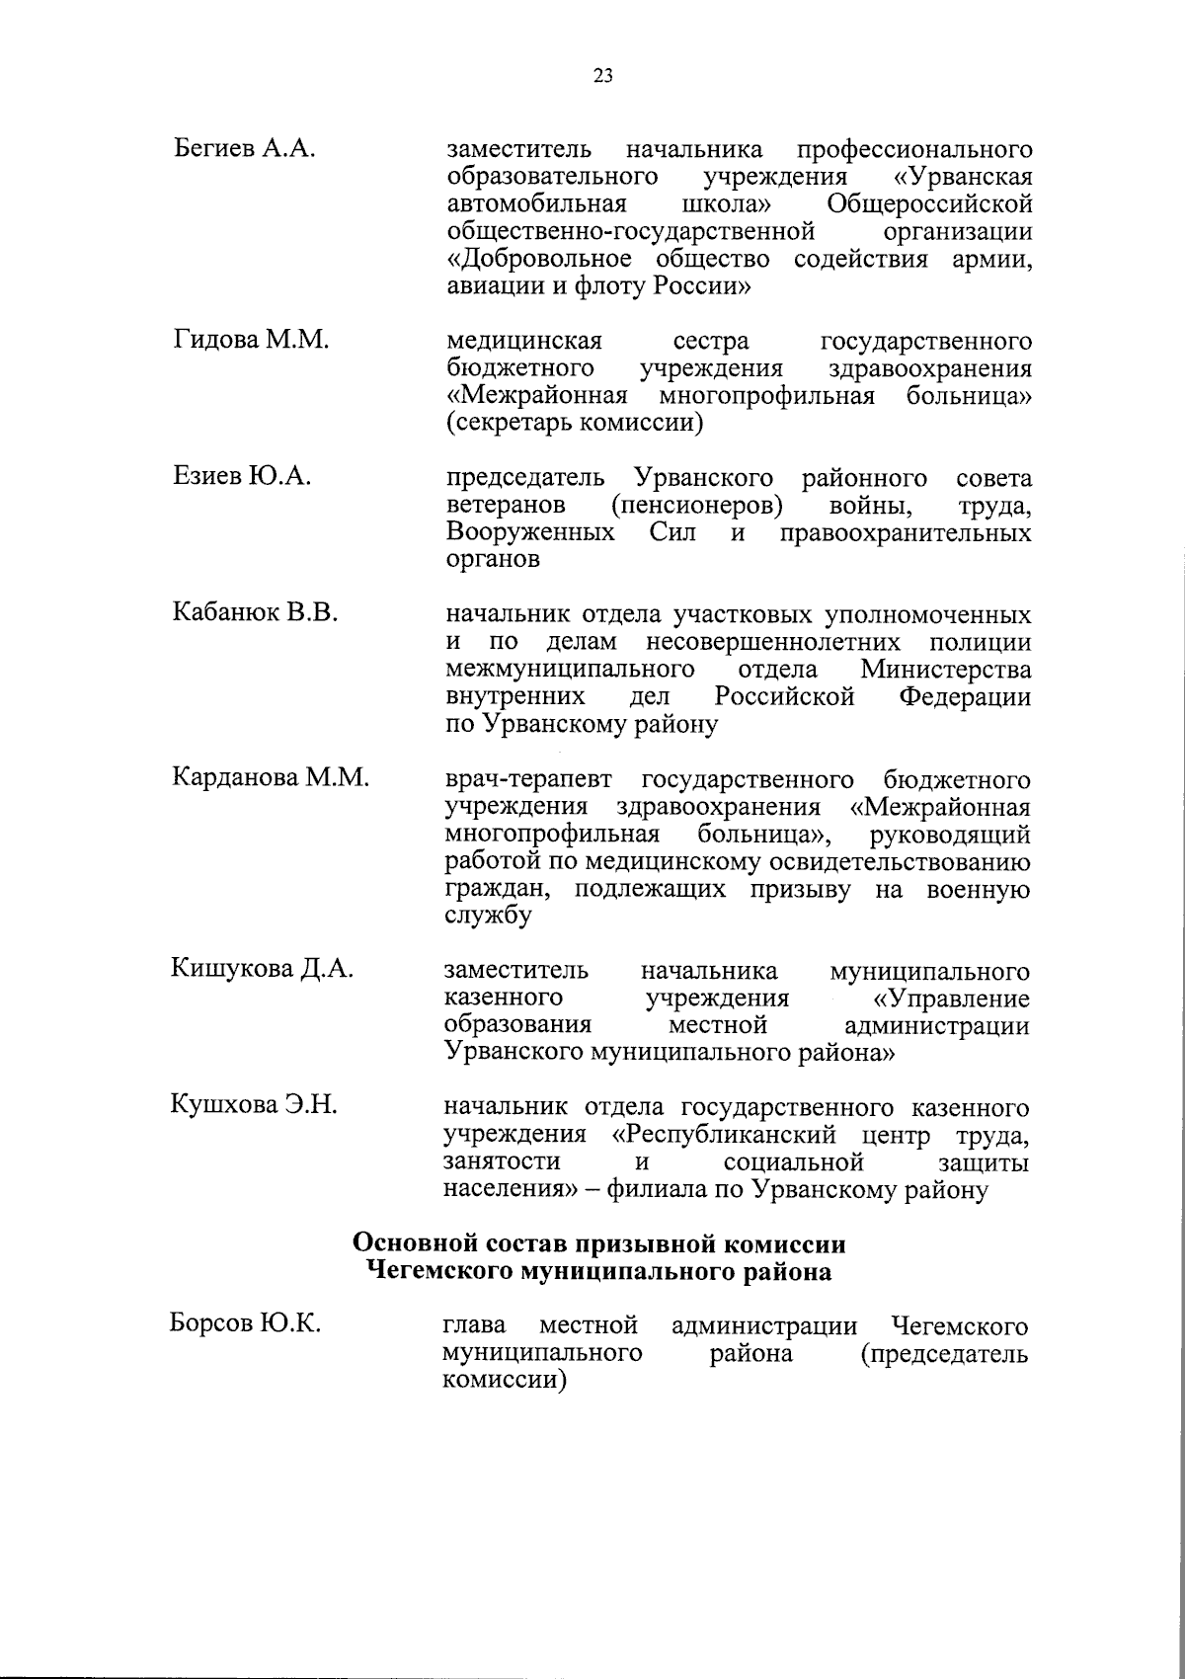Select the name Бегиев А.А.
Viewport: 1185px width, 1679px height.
click(244, 150)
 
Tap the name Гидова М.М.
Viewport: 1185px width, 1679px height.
click(251, 341)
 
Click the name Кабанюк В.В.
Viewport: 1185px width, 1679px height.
click(256, 614)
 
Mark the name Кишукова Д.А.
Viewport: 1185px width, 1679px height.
click(263, 969)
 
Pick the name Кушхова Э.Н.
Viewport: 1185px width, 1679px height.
click(256, 1105)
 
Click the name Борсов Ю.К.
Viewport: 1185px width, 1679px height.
click(245, 1323)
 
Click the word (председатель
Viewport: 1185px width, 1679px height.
click(944, 1353)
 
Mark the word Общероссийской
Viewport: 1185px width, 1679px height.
click(930, 204)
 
